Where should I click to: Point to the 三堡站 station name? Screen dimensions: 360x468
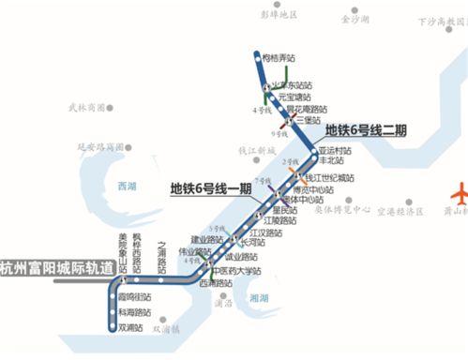coord(309,120)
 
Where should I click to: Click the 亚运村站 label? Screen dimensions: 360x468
coord(335,150)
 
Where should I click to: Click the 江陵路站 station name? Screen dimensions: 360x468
coord(279,221)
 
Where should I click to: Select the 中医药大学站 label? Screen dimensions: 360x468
coord(233,272)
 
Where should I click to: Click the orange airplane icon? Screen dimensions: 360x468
coord(438,197)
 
